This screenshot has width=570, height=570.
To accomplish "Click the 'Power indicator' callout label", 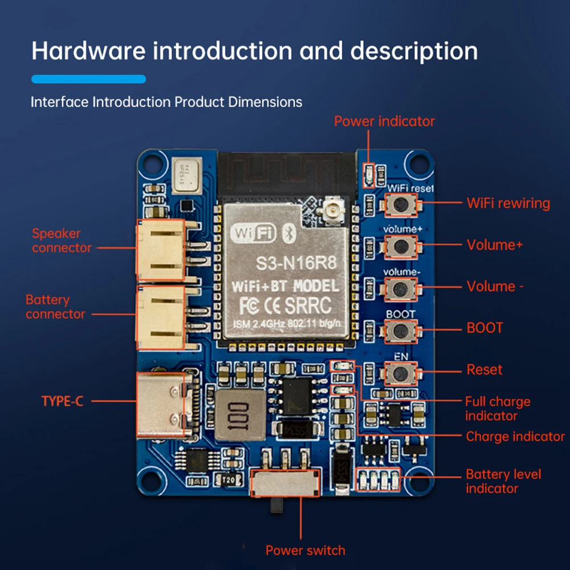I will pyautogui.click(x=384, y=121).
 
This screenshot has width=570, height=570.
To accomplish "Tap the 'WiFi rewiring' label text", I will pyautogui.click(x=508, y=203).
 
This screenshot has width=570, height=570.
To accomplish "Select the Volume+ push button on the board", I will pyautogui.click(x=402, y=246).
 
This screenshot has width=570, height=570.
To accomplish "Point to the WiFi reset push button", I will pyautogui.click(x=402, y=204).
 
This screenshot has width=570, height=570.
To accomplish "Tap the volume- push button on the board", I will pyautogui.click(x=402, y=288).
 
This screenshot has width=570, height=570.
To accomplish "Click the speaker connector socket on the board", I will pyautogui.click(x=160, y=250).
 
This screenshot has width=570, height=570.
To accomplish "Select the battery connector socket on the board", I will pyautogui.click(x=160, y=317).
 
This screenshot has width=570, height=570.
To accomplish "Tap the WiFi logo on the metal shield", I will pyautogui.click(x=254, y=233).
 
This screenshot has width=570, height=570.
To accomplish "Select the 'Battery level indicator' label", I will pyautogui.click(x=503, y=481).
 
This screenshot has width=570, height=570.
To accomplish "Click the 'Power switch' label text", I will pyautogui.click(x=305, y=551).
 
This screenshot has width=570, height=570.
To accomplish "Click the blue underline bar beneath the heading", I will pyautogui.click(x=88, y=79).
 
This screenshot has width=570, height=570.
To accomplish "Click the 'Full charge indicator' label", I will pyautogui.click(x=497, y=408).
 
